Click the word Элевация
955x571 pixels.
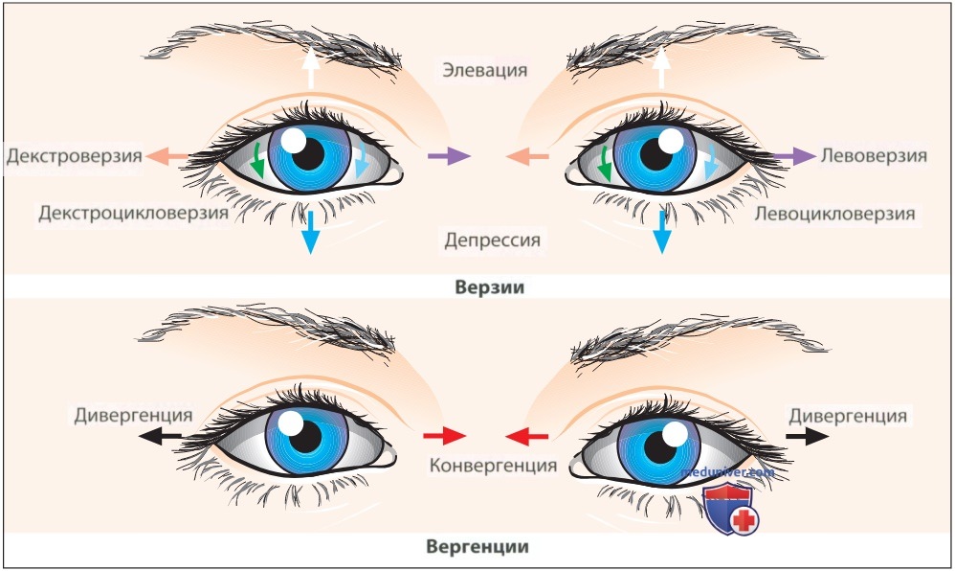(485, 70)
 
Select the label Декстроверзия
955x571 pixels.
(75, 156)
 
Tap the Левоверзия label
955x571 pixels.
(874, 155)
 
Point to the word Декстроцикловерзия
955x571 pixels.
(133, 213)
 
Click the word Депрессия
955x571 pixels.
(492, 240)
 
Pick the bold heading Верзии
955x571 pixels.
(490, 287)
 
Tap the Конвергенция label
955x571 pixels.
(494, 466)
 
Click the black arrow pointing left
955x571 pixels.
(160, 436)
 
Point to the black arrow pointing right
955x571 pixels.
(808, 436)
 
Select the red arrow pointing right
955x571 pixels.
(445, 436)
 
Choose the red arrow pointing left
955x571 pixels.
(527, 436)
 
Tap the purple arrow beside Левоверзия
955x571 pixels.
(795, 156)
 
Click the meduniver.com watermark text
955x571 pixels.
(727, 472)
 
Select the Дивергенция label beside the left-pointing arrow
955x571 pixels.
(133, 416)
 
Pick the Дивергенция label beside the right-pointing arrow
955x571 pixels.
(848, 416)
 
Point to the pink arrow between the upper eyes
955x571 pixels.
(527, 157)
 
